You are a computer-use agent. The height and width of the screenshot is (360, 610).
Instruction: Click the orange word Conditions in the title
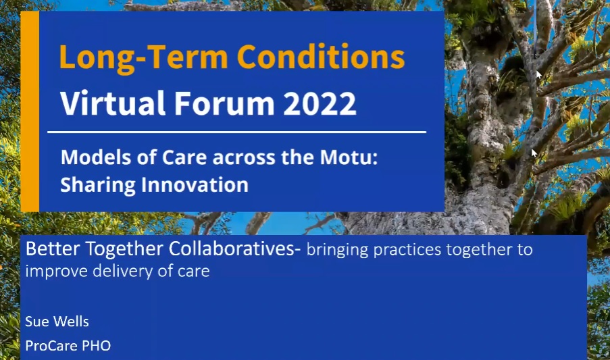(321, 57)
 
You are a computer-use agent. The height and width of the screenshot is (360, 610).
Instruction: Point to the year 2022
(320, 103)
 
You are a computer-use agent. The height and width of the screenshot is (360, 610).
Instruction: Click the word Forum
(224, 103)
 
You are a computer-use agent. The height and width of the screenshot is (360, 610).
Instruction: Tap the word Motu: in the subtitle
(349, 157)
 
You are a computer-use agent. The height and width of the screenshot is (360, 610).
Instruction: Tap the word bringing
(337, 251)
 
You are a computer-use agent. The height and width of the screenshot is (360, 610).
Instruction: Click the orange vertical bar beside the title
(30, 111)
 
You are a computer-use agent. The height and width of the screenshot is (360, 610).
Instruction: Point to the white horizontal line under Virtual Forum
(237, 132)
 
